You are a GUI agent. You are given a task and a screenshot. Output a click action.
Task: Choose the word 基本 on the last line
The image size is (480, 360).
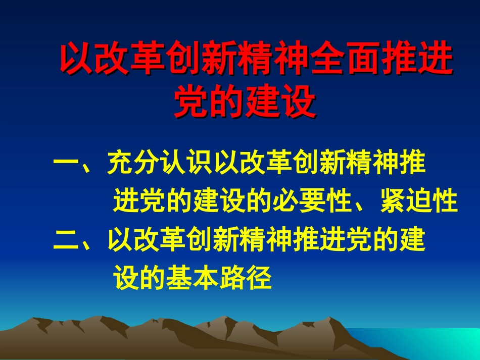(x=192, y=278)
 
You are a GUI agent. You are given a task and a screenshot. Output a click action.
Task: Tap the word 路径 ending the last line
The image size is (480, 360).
(x=246, y=278)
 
